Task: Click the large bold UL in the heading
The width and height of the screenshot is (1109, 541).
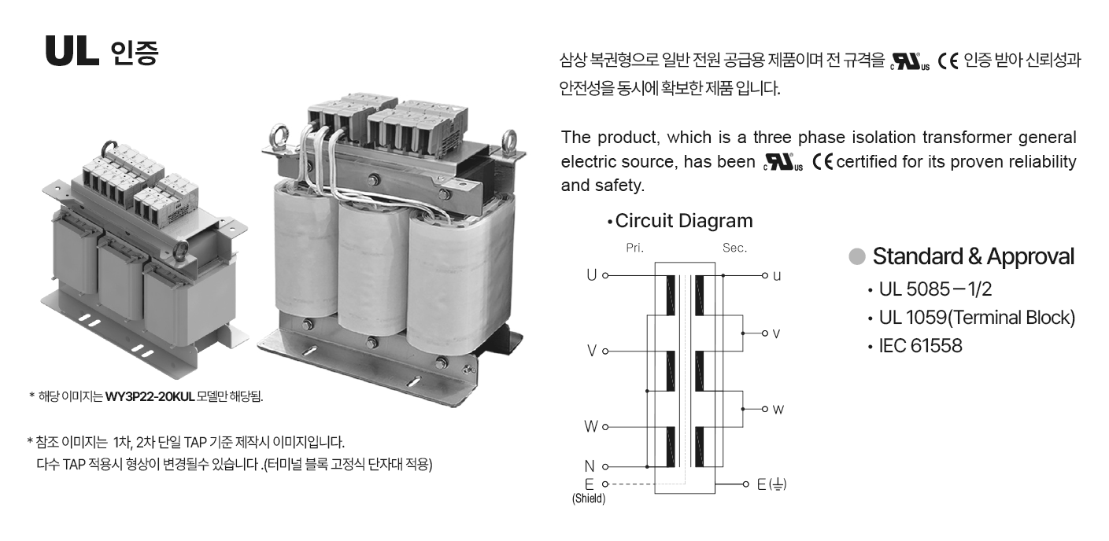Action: coord(72,51)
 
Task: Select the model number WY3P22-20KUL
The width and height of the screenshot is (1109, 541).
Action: coord(150,396)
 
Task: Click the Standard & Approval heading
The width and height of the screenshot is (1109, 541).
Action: coord(973,256)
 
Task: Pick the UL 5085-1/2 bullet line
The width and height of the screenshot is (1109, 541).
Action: coord(935,289)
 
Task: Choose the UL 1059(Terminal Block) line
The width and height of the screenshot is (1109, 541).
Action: coord(977,318)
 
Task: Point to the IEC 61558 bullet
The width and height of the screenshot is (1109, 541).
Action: coord(920,346)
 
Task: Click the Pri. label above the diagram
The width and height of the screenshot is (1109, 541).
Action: coord(634,248)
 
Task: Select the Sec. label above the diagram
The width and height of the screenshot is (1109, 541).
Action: coord(734,248)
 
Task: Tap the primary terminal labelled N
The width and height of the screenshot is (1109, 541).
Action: coord(590,466)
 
